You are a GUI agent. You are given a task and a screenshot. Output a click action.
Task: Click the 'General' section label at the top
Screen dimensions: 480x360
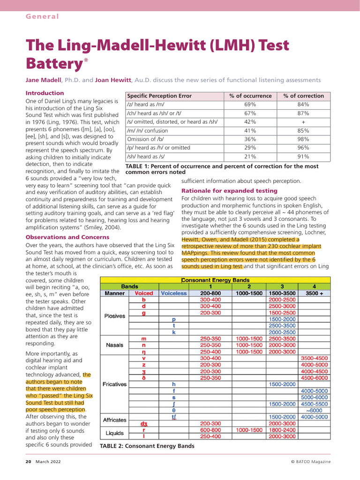(x=42, y=16)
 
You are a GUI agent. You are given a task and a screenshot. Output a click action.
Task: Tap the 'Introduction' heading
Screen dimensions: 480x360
(x=45, y=93)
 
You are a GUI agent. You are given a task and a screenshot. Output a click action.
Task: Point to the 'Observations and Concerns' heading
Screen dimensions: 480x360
(x=67, y=237)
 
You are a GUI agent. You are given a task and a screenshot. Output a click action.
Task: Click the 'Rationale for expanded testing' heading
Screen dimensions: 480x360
(x=229, y=191)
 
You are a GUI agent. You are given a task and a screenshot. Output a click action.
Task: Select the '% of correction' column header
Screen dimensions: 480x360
(x=303, y=96)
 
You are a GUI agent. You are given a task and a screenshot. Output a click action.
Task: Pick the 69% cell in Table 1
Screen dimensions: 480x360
(x=250, y=105)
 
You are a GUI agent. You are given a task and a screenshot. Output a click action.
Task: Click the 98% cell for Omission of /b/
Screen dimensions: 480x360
(x=303, y=139)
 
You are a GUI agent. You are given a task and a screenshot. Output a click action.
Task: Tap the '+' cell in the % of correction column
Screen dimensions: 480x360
(x=303, y=121)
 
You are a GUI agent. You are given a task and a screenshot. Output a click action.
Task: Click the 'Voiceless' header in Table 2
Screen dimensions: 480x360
(x=173, y=293)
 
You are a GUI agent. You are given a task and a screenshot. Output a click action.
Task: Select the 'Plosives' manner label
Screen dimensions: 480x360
(x=114, y=315)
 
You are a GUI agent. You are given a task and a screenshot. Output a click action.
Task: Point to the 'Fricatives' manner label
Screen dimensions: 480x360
(x=114, y=384)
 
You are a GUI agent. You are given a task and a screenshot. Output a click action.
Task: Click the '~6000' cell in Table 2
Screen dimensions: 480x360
(x=314, y=411)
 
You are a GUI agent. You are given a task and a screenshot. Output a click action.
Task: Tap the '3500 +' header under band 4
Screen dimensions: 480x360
(x=314, y=293)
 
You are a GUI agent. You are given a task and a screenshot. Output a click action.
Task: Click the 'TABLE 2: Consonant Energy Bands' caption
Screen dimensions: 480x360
(x=147, y=446)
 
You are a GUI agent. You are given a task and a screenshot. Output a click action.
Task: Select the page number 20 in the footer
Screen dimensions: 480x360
(x=28, y=462)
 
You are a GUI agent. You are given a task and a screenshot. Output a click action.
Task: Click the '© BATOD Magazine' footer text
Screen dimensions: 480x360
(x=310, y=462)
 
